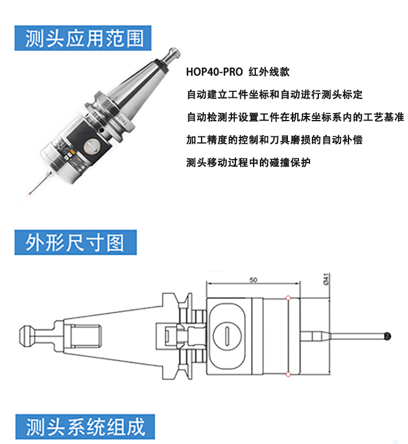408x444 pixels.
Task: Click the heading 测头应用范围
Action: pyautogui.click(x=85, y=38)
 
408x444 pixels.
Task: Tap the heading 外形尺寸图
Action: pyautogui.click(x=75, y=242)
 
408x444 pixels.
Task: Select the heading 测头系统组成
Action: pyautogui.click(x=86, y=427)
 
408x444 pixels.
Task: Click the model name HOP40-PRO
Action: pyautogui.click(x=214, y=72)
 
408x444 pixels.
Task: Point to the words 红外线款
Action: pyautogui.click(x=269, y=72)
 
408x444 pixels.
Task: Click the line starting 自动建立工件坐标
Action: pyautogui.click(x=275, y=94)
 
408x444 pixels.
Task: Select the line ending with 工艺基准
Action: pyautogui.click(x=295, y=117)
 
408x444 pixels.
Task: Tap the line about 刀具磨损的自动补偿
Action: pyautogui.click(x=275, y=140)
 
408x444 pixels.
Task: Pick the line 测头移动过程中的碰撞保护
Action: pyautogui.click(x=248, y=163)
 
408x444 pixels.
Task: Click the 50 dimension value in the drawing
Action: pyautogui.click(x=254, y=280)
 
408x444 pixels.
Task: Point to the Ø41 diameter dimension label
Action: pyautogui.click(x=326, y=279)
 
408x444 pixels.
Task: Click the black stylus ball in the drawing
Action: pyautogui.click(x=387, y=336)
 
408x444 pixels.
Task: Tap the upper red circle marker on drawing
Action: pyautogui.click(x=288, y=298)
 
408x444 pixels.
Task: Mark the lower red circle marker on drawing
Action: pyautogui.click(x=288, y=374)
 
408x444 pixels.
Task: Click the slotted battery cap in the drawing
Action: pyautogui.click(x=227, y=336)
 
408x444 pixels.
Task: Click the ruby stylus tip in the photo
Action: pyautogui.click(x=30, y=193)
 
